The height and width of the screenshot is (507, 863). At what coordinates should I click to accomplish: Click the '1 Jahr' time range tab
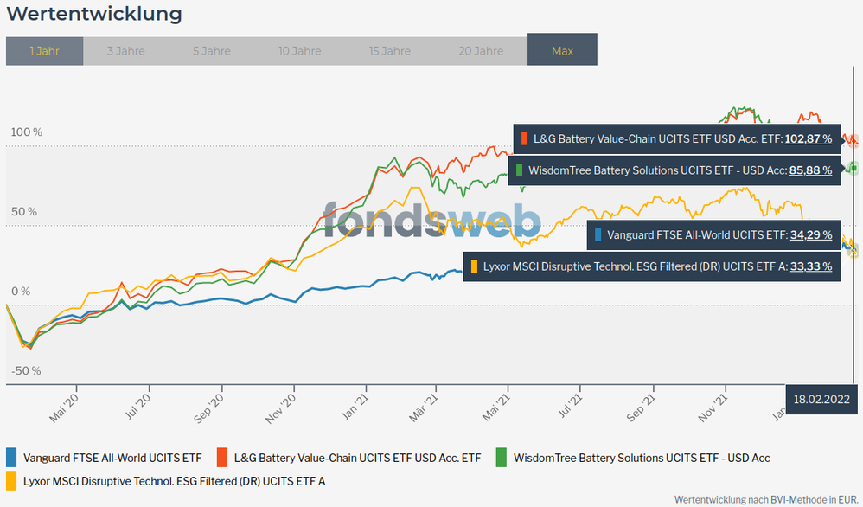[44, 51]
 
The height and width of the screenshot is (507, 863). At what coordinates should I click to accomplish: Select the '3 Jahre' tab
[125, 51]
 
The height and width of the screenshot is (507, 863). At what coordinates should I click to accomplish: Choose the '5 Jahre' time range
[212, 51]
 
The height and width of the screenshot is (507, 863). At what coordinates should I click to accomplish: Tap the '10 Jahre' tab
[300, 51]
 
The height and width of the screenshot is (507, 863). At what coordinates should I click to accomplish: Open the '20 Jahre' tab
[480, 51]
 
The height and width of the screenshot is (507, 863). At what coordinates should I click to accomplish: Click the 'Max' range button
[562, 51]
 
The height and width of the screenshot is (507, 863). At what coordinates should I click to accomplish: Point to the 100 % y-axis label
[26, 132]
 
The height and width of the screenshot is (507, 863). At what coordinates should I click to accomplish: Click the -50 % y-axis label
[26, 371]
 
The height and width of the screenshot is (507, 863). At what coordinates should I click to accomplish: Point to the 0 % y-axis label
[26, 292]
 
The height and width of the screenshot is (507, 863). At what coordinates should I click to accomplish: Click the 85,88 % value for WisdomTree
[810, 170]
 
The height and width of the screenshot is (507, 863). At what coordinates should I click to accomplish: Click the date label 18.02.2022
[823, 399]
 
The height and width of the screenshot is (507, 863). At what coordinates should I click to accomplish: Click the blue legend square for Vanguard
[11, 457]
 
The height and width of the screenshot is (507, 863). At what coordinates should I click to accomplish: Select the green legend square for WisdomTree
[502, 457]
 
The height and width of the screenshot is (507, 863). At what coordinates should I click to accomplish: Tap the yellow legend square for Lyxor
[11, 480]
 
